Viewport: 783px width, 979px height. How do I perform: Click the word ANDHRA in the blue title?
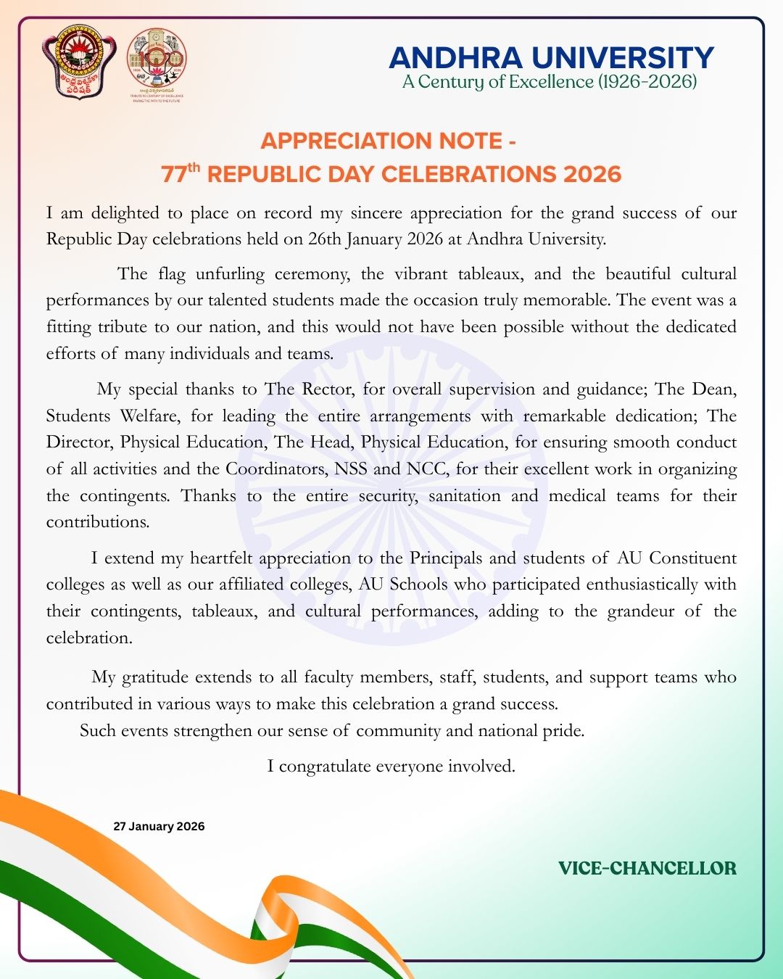(x=455, y=58)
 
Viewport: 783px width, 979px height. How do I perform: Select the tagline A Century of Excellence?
(x=550, y=81)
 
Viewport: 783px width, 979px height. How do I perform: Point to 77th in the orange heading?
(x=180, y=174)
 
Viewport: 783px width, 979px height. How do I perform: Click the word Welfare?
(x=149, y=416)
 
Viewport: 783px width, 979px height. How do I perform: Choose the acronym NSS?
(x=351, y=469)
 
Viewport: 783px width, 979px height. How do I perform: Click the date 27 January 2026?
(x=159, y=827)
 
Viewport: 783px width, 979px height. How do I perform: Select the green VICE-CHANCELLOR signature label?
(x=647, y=868)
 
